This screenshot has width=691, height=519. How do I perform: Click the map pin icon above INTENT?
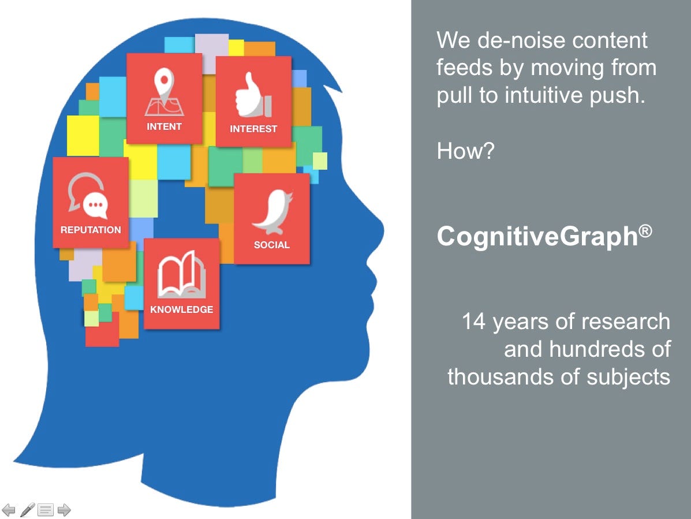point(164,92)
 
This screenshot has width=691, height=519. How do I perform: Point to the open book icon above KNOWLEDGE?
point(182,274)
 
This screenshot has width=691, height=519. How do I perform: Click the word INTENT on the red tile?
point(164,126)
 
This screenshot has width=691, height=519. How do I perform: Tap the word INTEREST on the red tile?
point(253,129)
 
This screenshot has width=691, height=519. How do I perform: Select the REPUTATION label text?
point(91,230)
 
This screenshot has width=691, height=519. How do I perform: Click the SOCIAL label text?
point(272,245)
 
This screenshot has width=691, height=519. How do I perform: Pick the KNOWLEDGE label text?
point(182,309)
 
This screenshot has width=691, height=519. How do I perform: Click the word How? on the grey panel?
point(466,151)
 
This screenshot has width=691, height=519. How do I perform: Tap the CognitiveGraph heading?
point(537,236)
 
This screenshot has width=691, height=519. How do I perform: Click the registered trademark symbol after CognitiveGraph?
point(645,231)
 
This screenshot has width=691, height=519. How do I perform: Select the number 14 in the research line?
point(474,321)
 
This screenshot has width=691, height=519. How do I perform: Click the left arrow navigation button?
point(9,510)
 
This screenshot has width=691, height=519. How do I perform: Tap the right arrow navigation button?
point(64,510)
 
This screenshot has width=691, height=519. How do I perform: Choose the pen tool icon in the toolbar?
point(27,509)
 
